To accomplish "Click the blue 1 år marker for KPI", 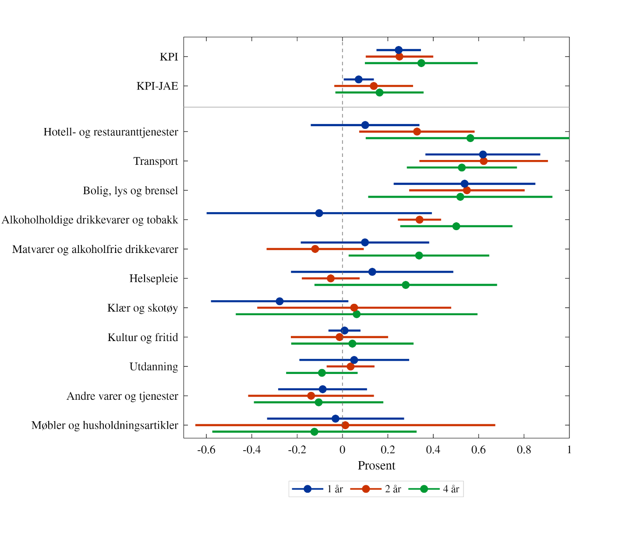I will [x=399, y=50].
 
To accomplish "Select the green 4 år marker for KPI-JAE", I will [x=379, y=92].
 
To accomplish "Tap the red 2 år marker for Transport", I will [x=484, y=161].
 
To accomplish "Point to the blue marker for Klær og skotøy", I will [x=279, y=301].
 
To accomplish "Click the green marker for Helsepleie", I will [x=406, y=285].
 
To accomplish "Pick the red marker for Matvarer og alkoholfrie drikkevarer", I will [x=315, y=249].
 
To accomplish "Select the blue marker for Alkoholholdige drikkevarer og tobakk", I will [x=319, y=213].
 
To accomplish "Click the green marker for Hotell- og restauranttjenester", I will [x=470, y=138].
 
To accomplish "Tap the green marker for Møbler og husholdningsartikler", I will [x=314, y=432].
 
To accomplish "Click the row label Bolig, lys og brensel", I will [x=131, y=191].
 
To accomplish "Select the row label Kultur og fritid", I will [x=143, y=338].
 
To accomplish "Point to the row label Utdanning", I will [x=154, y=367].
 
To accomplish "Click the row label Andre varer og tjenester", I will [x=122, y=396].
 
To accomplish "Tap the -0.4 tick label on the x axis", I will [x=252, y=450].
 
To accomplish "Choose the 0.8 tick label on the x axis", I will [x=524, y=450].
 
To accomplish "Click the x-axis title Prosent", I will [x=376, y=466].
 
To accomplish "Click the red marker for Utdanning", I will [x=350, y=366].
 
